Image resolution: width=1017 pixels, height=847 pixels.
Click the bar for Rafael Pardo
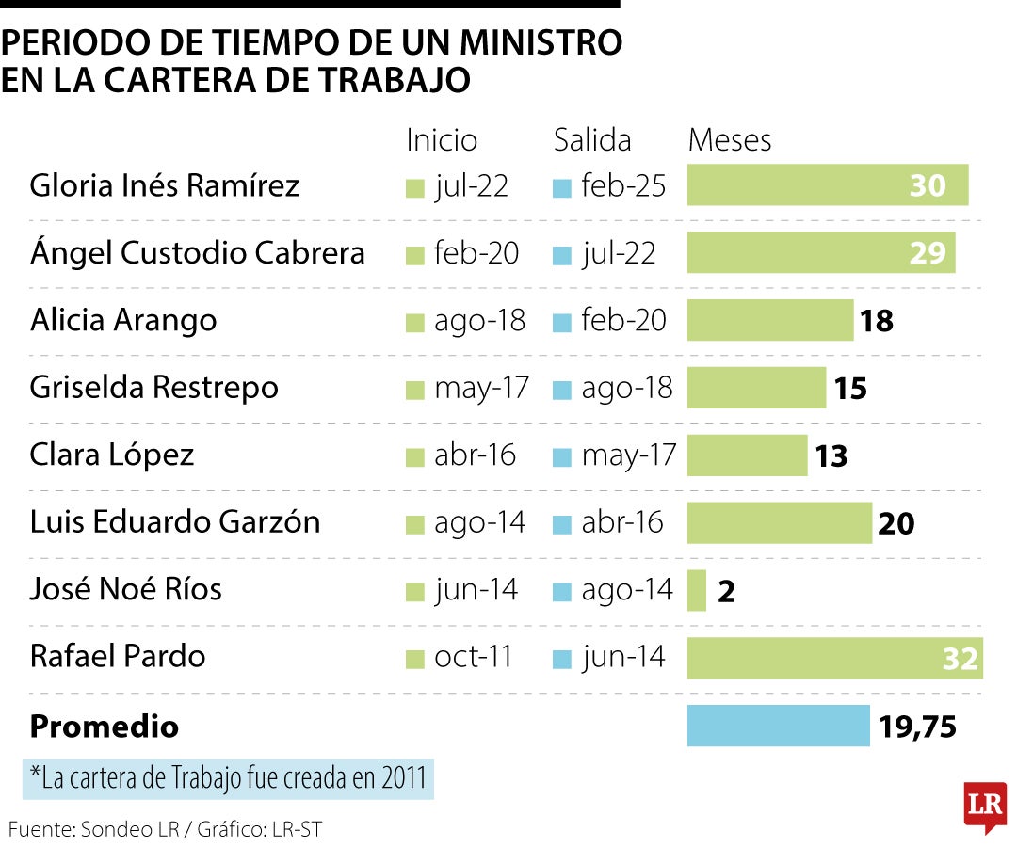(x=834, y=657)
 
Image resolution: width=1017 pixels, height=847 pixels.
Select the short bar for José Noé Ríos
(x=697, y=590)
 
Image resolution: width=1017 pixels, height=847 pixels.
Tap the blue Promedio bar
(x=778, y=726)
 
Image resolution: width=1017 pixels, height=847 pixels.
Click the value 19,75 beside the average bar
(x=917, y=727)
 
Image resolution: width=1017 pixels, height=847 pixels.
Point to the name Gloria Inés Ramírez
(x=165, y=185)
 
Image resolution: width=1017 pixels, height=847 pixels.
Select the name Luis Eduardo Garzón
(x=175, y=521)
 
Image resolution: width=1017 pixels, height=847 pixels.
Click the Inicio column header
(x=442, y=140)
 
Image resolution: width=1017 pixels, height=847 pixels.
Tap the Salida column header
(x=591, y=140)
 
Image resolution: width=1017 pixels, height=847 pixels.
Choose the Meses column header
(x=730, y=140)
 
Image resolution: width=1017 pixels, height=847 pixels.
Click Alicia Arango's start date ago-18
(x=479, y=321)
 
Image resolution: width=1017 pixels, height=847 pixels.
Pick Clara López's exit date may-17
(x=628, y=455)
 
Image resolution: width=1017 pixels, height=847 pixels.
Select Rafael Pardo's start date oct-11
(x=473, y=657)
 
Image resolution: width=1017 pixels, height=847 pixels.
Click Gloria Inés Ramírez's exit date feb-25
(x=622, y=186)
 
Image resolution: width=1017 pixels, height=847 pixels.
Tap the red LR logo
(x=985, y=806)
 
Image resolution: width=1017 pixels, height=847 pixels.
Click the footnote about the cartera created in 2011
(x=228, y=778)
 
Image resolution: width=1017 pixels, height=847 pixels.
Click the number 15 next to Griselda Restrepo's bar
(x=850, y=389)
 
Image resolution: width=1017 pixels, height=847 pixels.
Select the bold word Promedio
(x=105, y=727)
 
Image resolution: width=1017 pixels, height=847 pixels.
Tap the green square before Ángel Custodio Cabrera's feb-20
(x=414, y=255)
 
